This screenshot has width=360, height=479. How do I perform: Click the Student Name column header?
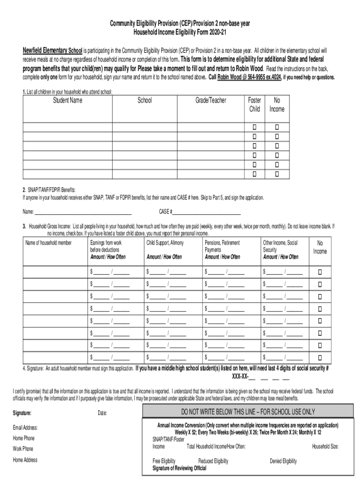click(x=68, y=100)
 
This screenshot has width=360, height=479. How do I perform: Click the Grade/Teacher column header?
click(x=211, y=100)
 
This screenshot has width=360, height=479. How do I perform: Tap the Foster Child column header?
click(x=254, y=104)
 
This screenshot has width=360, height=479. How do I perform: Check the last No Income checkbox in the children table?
click(x=276, y=174)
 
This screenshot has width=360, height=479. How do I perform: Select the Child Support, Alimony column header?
click(x=165, y=243)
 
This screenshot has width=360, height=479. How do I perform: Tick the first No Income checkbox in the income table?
click(x=320, y=272)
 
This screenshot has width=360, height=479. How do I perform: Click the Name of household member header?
click(x=49, y=243)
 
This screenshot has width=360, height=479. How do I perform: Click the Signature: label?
click(x=22, y=413)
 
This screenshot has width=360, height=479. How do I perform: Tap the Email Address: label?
click(x=25, y=428)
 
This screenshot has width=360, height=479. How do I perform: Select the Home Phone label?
click(x=23, y=438)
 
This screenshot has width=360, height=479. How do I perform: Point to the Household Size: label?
click(x=325, y=447)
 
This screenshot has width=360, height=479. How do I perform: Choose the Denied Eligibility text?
click(x=283, y=461)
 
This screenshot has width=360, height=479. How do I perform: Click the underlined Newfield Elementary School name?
click(x=53, y=51)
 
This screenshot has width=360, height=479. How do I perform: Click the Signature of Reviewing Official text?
click(x=179, y=468)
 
